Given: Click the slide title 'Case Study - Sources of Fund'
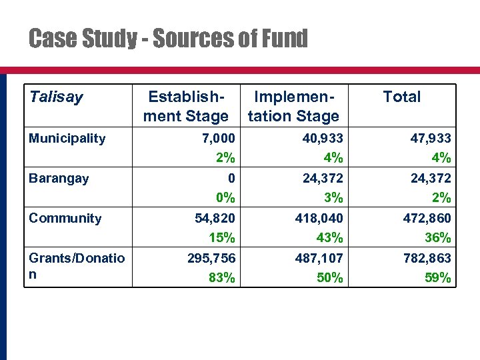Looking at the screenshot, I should [x=168, y=39].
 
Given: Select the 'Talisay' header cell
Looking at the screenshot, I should [x=56, y=97].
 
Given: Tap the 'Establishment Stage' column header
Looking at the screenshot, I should [x=187, y=107].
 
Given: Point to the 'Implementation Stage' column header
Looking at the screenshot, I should [x=294, y=107].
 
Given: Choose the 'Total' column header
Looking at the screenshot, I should [x=401, y=97].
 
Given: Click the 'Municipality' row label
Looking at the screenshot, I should [x=67, y=139].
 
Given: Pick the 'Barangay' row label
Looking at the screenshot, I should [x=59, y=179].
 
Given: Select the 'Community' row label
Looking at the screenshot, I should [x=65, y=219].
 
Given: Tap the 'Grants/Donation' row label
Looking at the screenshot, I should [x=76, y=266].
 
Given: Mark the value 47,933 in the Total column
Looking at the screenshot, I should [x=429, y=138].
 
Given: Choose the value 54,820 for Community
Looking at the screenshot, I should [x=215, y=218].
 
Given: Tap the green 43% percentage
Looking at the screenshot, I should [x=330, y=238].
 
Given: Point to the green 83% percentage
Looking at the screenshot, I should [x=221, y=278].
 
